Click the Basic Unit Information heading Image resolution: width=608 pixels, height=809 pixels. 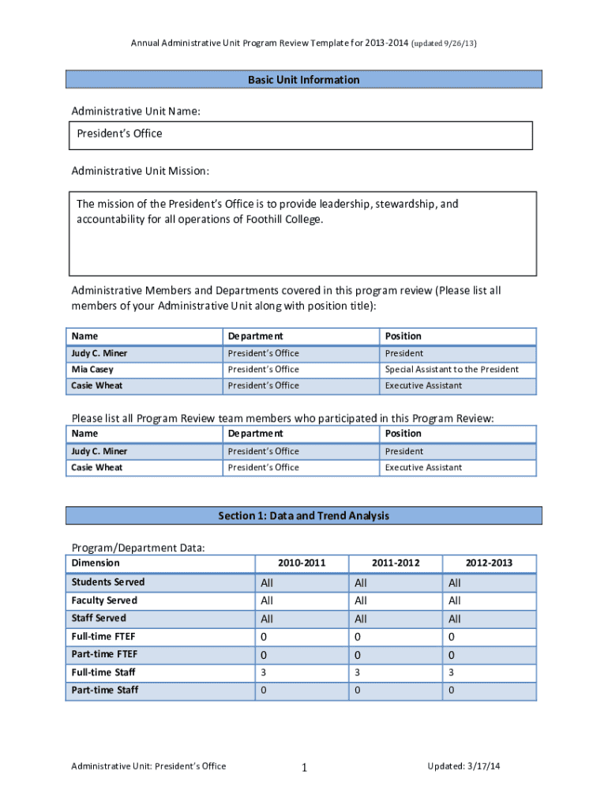pos(303,80)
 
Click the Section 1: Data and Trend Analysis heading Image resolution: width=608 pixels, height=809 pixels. pos(303,516)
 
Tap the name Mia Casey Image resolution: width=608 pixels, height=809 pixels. pos(92,370)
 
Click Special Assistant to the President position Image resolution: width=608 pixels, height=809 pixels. pos(452,370)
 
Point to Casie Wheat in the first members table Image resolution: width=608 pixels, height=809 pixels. pos(97,386)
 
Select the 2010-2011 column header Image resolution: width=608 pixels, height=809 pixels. pos(302,563)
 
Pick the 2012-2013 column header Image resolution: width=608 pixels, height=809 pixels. pos(489,563)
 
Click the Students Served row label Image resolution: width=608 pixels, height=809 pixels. pos(108,582)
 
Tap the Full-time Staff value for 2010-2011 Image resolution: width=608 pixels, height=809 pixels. pos(264,672)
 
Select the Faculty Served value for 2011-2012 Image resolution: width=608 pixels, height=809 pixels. pos(361,600)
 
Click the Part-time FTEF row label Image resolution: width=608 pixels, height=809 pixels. pos(104,654)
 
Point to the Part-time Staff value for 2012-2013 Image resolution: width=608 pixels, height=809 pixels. pos(451,690)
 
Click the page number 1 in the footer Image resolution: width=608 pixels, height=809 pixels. pos(304,767)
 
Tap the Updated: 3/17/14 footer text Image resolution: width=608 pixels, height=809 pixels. pos(464,766)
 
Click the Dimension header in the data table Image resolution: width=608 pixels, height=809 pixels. pos(96,563)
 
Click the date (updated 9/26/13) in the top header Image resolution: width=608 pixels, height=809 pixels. pos(445,43)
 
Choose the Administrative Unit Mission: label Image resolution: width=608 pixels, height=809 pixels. pos(141,171)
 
